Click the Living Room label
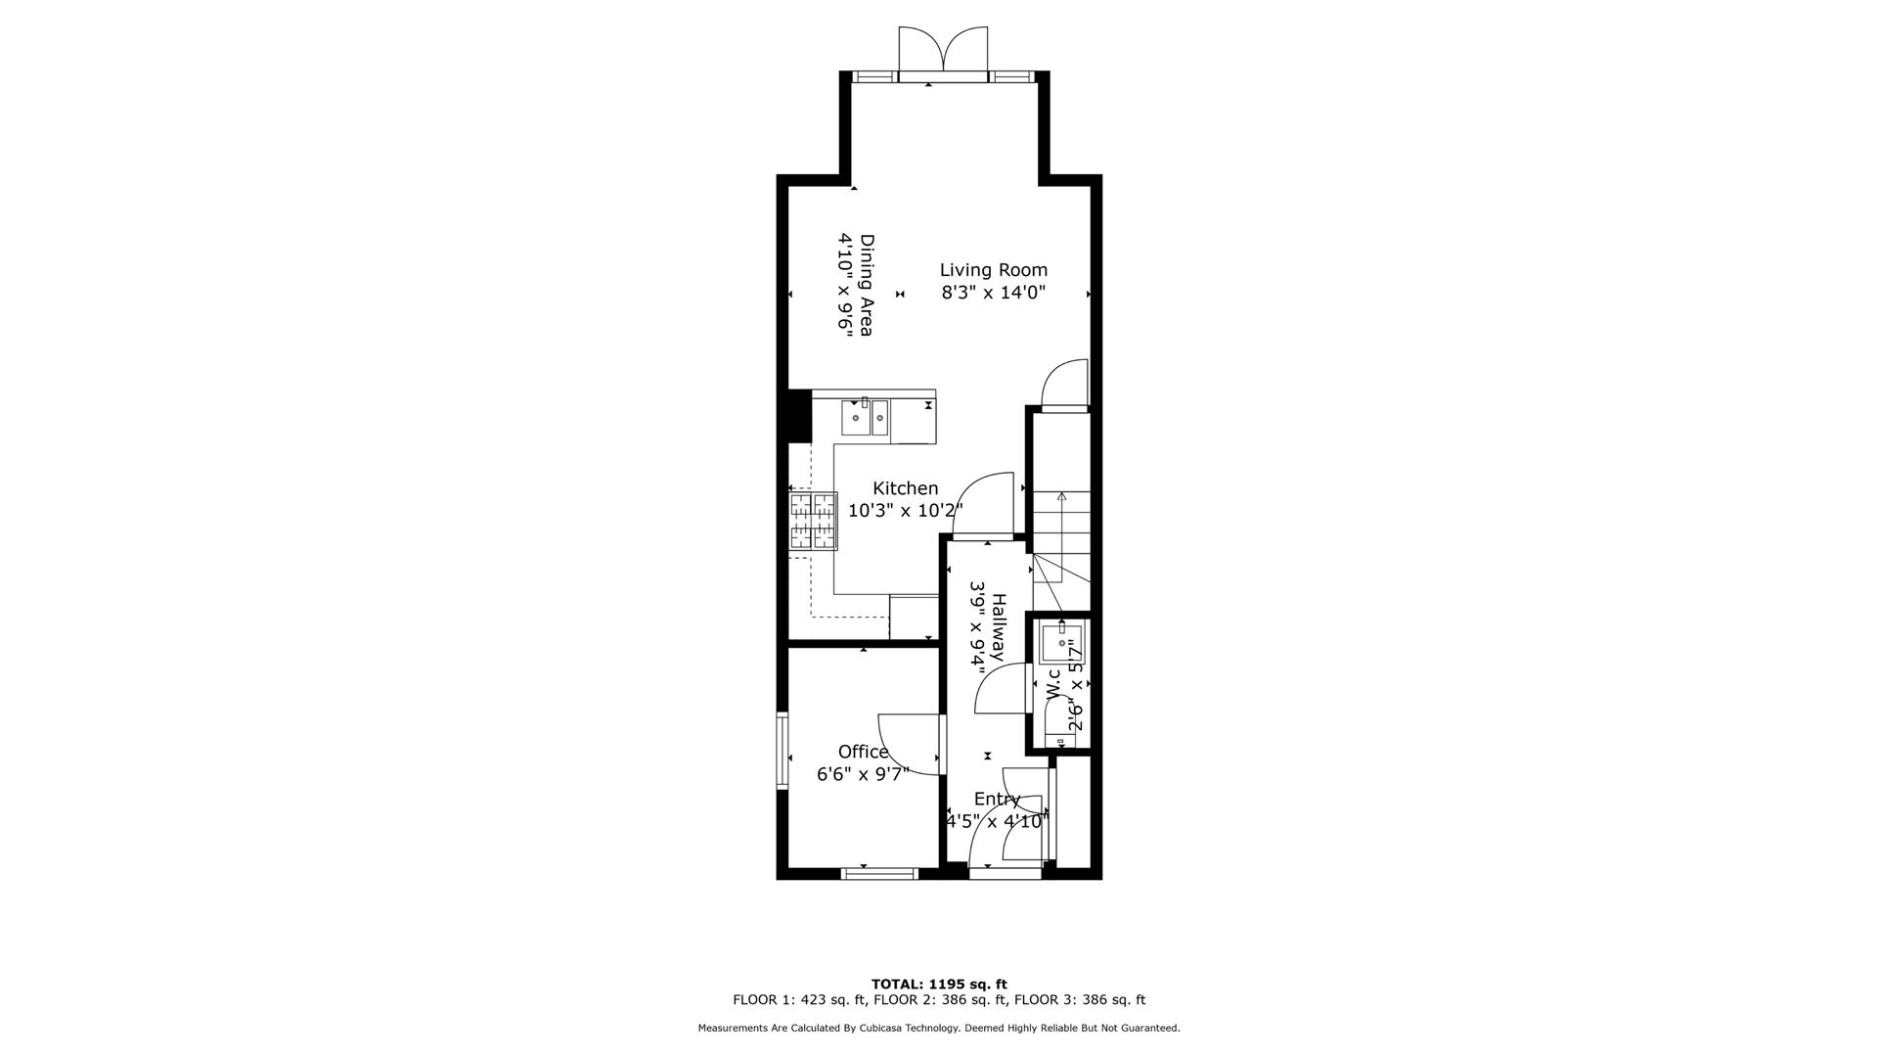click(x=993, y=270)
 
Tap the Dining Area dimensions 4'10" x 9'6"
click(x=844, y=286)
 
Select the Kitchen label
click(x=905, y=488)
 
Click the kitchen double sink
click(x=865, y=418)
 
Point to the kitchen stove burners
click(x=814, y=521)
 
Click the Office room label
click(x=863, y=752)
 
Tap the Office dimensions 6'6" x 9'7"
click(x=863, y=774)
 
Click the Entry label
click(x=997, y=799)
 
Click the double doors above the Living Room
click(x=943, y=49)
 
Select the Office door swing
click(x=910, y=744)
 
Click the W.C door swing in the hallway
click(x=1000, y=688)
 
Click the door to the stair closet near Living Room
click(x=1066, y=386)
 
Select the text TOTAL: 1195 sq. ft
click(x=939, y=984)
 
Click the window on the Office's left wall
click(x=782, y=751)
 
